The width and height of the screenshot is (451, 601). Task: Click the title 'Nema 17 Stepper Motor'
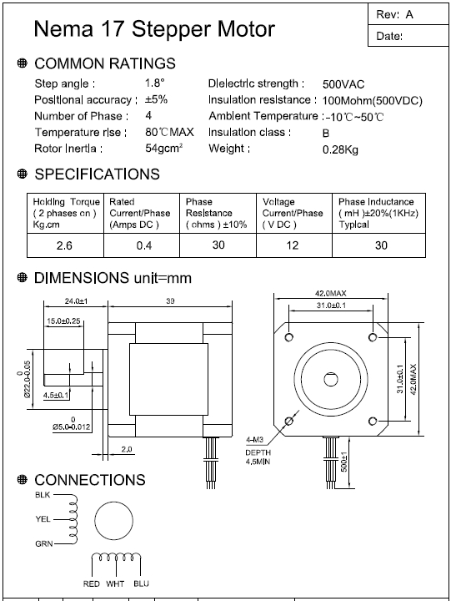pos(154,28)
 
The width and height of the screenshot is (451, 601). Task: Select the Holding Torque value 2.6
pos(64,245)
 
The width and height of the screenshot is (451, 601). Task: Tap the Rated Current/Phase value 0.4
pos(144,245)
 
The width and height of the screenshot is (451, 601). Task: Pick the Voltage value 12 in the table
pos(293,245)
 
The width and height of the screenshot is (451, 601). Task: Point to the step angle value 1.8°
pos(155,83)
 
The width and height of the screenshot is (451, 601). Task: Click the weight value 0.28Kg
pos(340,149)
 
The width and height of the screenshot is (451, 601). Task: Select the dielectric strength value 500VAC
pos(343,84)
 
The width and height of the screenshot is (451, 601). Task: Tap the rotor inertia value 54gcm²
pos(164,148)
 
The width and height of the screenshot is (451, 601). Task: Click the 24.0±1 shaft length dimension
pos(76,301)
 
